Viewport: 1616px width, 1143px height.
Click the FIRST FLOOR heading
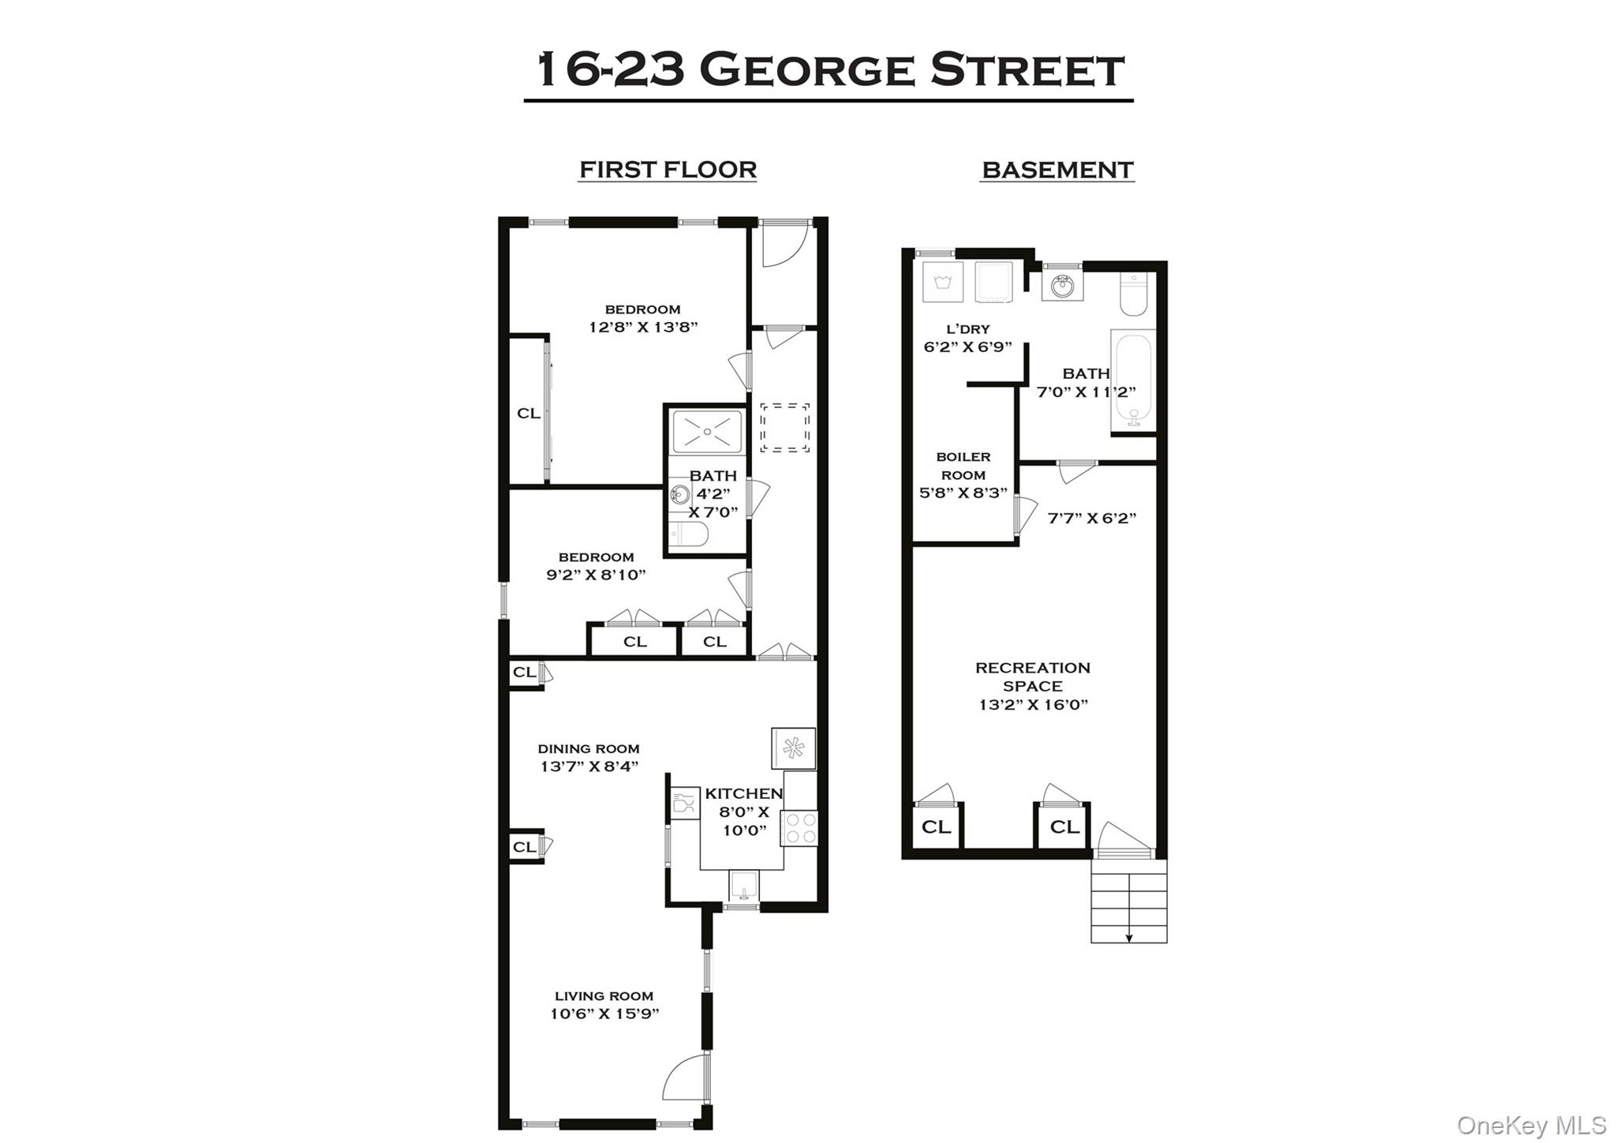click(668, 170)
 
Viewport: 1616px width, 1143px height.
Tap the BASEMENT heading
click(1057, 170)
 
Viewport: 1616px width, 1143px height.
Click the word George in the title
click(806, 69)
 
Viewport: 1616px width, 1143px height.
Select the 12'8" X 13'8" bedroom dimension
click(643, 327)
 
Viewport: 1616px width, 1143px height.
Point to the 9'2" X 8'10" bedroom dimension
click(596, 575)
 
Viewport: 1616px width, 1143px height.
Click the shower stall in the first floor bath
click(706, 432)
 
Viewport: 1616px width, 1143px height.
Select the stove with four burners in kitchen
click(799, 829)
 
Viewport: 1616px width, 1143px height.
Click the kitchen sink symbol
click(743, 886)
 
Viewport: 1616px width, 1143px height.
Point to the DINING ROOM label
click(589, 748)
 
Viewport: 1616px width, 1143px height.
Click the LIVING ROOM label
click(604, 996)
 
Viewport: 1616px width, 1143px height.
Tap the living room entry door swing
click(685, 1077)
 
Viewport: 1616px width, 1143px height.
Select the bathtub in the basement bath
click(1133, 380)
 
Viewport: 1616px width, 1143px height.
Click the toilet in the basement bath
click(1133, 294)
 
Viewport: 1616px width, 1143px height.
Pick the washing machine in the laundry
click(943, 283)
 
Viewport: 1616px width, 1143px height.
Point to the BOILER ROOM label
click(963, 466)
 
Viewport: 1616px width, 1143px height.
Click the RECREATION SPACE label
click(1032, 676)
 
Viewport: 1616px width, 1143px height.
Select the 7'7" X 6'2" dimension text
click(1091, 518)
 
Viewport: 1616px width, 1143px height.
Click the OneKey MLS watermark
click(1531, 1125)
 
